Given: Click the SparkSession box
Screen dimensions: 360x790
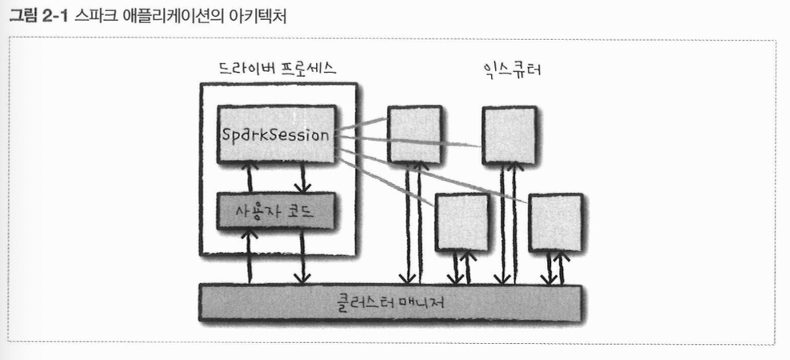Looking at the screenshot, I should (x=274, y=134).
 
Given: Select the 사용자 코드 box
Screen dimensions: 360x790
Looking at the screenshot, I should (x=274, y=211).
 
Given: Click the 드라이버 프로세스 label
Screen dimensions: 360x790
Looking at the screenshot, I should (x=277, y=69).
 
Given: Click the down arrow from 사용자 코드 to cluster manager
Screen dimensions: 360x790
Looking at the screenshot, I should (x=302, y=256).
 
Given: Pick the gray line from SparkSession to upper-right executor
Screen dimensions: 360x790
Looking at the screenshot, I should (x=416, y=144).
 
